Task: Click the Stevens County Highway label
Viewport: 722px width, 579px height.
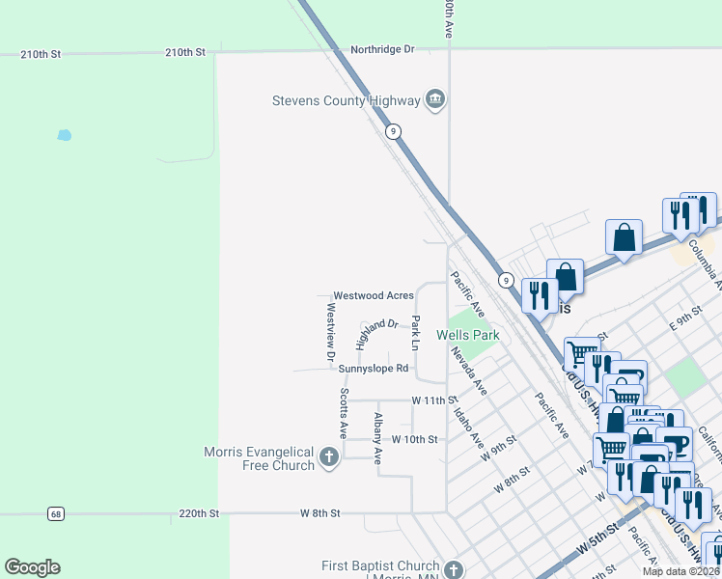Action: (x=346, y=99)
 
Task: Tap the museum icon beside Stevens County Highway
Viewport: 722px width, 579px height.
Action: (x=434, y=99)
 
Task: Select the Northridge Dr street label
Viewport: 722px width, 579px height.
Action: (x=382, y=49)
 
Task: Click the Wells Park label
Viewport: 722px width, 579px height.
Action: (x=467, y=336)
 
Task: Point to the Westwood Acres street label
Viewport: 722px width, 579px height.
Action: (x=374, y=295)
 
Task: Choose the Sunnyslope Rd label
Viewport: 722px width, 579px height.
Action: (x=374, y=369)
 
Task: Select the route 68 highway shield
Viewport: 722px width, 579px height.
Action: (x=57, y=513)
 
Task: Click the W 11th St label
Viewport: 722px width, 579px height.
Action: (x=432, y=400)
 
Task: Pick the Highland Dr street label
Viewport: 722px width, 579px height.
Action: (x=375, y=333)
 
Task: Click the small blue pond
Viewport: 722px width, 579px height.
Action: (x=64, y=135)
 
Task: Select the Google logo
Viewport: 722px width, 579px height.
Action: (x=32, y=567)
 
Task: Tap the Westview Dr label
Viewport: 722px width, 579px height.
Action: (x=331, y=333)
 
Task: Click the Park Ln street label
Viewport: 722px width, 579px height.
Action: (x=415, y=333)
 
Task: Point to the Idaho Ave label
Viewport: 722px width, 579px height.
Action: (x=468, y=427)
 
